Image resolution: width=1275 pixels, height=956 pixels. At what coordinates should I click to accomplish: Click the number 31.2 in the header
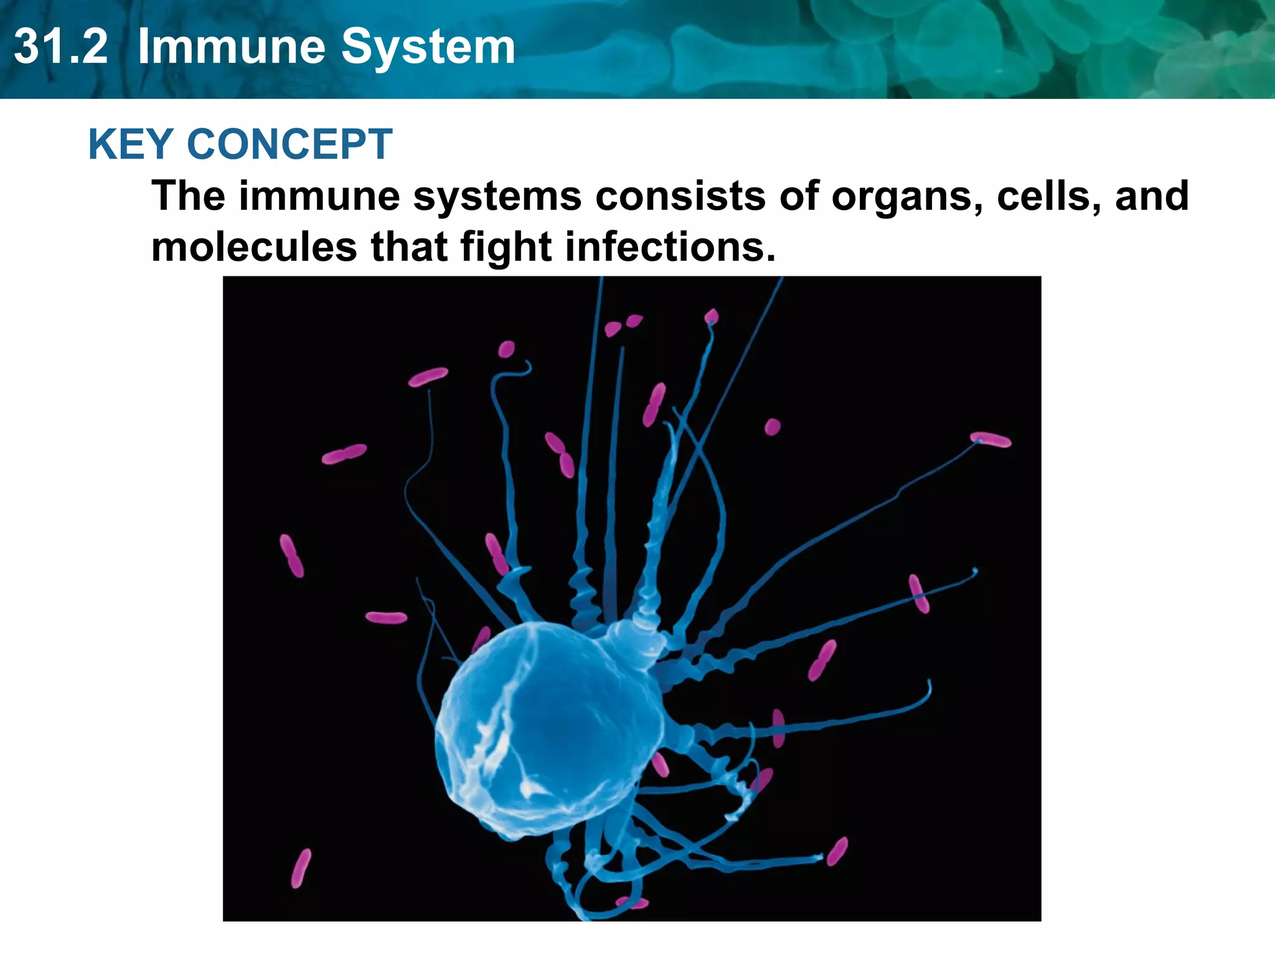60,47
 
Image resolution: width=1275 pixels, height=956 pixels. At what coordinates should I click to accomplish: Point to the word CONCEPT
289,144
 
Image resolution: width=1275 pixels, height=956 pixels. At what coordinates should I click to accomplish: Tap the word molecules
254,247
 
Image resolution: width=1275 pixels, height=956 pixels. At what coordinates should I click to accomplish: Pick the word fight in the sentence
506,247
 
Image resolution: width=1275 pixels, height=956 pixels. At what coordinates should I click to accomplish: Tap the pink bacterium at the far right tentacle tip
990,440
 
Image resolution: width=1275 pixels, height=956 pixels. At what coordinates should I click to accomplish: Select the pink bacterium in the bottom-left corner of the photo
301,868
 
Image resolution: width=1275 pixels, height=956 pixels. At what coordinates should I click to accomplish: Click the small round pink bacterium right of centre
772,427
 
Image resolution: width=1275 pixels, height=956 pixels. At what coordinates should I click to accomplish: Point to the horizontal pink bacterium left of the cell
386,617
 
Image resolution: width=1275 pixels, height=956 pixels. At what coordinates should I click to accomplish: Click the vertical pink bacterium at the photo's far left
291,555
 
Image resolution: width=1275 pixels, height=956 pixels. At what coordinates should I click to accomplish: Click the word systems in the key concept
497,197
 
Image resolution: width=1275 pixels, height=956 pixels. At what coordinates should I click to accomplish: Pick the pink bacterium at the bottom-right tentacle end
837,851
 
